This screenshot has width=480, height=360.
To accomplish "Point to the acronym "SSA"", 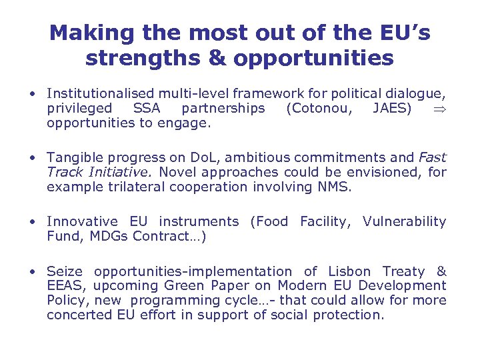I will pyautogui.click(x=147, y=108).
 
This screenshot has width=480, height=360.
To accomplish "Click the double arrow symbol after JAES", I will pyautogui.click(x=438, y=109).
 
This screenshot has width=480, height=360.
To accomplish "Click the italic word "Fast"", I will pyautogui.click(x=432, y=158).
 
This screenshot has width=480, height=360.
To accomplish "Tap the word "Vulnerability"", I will pyautogui.click(x=404, y=221).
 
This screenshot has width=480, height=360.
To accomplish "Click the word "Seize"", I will pyautogui.click(x=65, y=271).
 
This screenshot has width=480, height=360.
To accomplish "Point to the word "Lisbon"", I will pyautogui.click(x=350, y=271).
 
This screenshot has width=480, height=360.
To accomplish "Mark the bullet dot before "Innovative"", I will pyautogui.click(x=32, y=222).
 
